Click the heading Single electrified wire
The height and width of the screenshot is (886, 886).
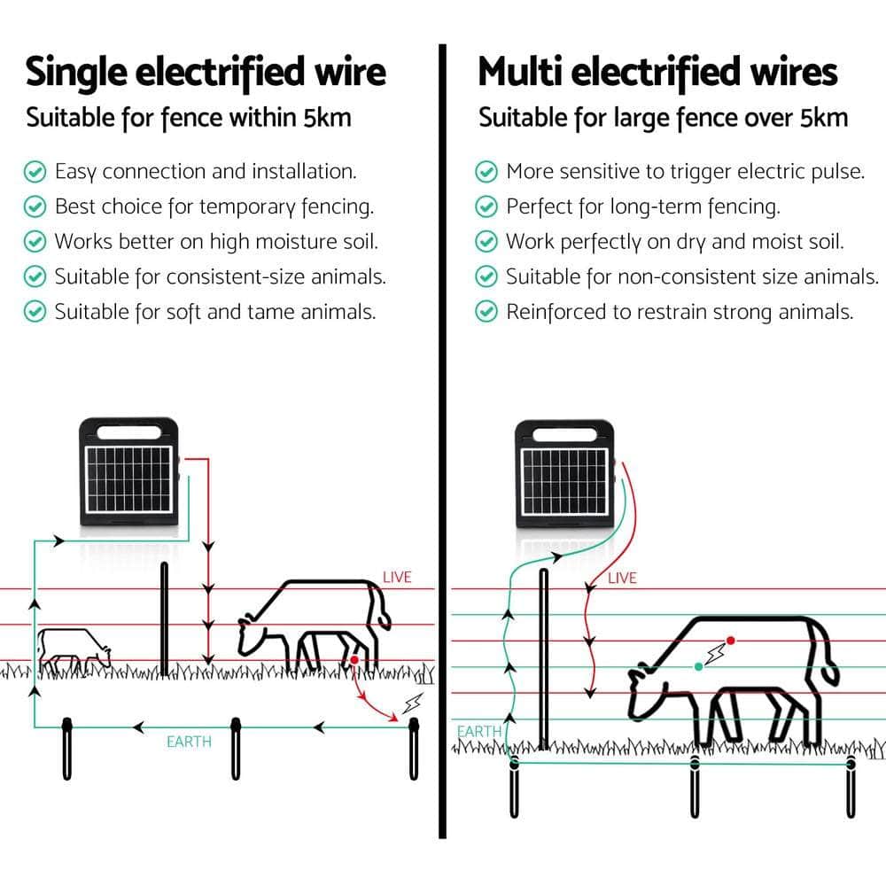[x=206, y=72]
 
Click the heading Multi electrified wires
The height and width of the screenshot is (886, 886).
[x=657, y=72]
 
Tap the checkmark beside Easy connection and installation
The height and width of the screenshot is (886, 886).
[x=35, y=171]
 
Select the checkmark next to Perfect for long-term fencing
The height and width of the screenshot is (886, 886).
[x=486, y=206]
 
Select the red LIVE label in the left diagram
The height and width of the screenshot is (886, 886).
[x=397, y=577]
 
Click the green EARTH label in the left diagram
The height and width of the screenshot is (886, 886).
[x=189, y=741]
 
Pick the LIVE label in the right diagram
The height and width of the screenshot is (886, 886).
[x=622, y=578]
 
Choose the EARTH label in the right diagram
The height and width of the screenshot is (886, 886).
[x=479, y=732]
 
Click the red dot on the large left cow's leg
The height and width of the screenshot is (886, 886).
[x=354, y=660]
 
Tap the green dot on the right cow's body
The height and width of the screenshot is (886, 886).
[x=699, y=665]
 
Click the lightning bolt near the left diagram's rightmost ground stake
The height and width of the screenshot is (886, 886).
[x=412, y=704]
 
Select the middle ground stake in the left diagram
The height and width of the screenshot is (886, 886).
[x=237, y=748]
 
